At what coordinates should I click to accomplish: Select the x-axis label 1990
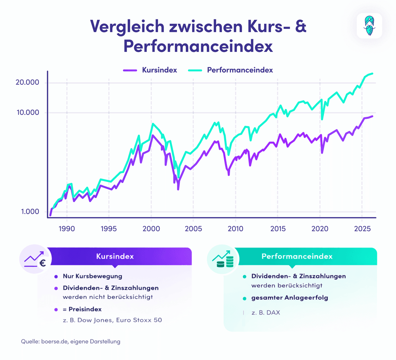coord(67,229)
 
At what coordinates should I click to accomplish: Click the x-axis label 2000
coord(151,229)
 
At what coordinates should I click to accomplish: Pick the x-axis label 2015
coord(278,229)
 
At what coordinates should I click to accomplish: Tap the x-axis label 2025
coord(362,229)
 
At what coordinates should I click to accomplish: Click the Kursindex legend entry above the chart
coord(150,70)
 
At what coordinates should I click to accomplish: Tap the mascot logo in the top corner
coord(369,26)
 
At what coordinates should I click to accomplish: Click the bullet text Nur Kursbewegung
coord(92,276)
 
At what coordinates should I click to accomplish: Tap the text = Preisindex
coord(82,309)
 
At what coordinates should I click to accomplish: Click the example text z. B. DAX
coord(265,312)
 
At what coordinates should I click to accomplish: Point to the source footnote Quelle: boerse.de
coord(70,341)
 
